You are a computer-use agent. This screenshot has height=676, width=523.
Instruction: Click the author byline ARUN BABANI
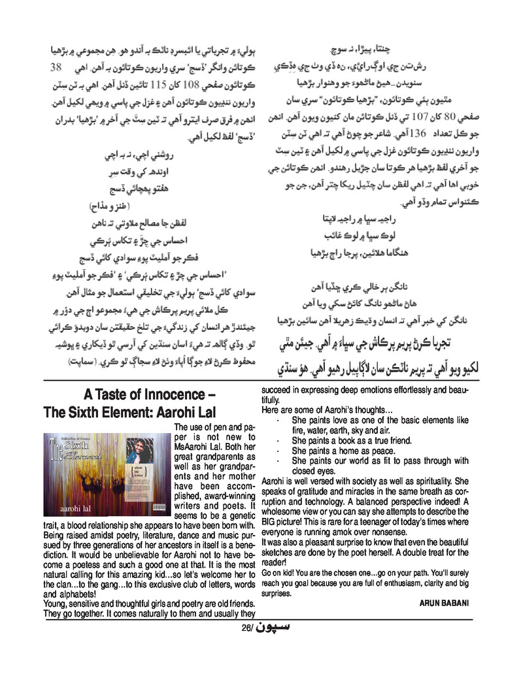(x=444, y=603)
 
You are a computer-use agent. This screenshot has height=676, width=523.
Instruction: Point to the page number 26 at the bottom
(x=246, y=630)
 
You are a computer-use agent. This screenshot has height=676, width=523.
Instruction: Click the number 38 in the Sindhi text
(x=56, y=68)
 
